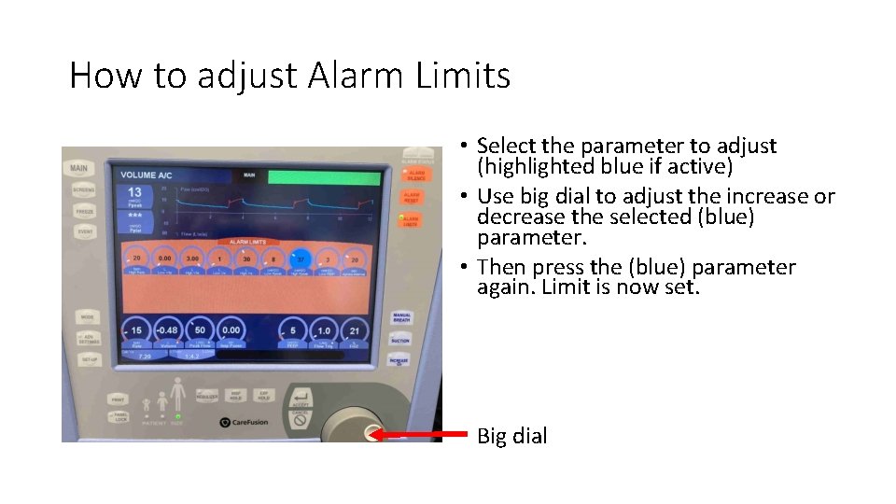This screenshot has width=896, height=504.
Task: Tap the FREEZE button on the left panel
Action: [84, 211]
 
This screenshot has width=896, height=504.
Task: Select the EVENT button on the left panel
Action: [84, 231]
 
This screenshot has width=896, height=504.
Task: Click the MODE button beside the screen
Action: [88, 316]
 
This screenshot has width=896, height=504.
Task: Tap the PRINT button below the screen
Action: [118, 399]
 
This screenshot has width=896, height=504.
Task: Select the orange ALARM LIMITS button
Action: [411, 220]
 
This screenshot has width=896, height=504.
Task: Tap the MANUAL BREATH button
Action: [401, 318]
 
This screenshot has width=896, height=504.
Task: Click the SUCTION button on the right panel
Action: [400, 340]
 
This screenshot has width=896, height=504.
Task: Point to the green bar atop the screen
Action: [324, 177]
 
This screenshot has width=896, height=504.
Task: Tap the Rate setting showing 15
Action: [136, 330]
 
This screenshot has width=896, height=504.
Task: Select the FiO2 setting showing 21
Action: [353, 330]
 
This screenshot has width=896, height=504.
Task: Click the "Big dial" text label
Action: [511, 436]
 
